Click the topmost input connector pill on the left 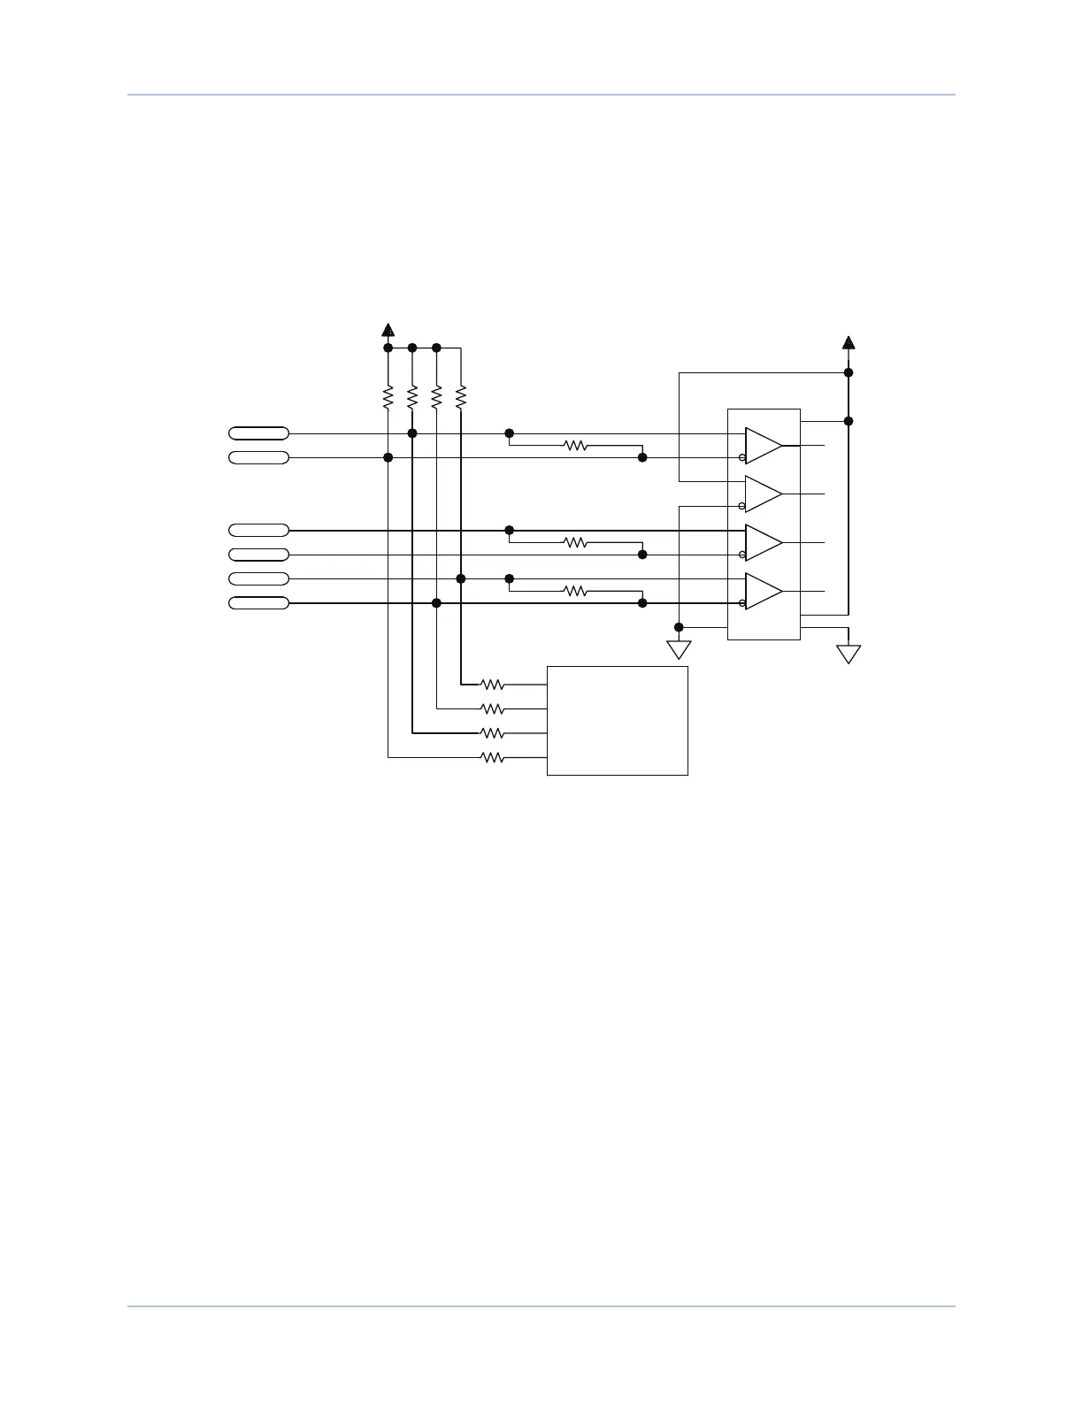click(x=258, y=433)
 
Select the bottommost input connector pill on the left click(x=258, y=603)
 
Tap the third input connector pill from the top click(x=258, y=531)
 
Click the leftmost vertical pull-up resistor click(x=388, y=397)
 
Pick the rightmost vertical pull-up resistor click(x=460, y=397)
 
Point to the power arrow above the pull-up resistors click(x=388, y=330)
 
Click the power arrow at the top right click(x=849, y=342)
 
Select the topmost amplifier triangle click(x=763, y=446)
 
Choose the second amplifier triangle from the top click(x=763, y=494)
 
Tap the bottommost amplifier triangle click(x=763, y=591)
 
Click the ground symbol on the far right click(x=849, y=654)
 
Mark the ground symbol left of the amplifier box click(x=679, y=650)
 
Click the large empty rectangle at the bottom click(x=618, y=721)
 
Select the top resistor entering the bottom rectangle click(x=492, y=685)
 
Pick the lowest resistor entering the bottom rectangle click(x=492, y=757)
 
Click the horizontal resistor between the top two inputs click(x=575, y=446)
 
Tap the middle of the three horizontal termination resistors click(x=575, y=543)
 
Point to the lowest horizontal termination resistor click(x=575, y=591)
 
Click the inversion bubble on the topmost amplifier click(x=741, y=457)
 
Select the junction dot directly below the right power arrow click(x=849, y=372)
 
